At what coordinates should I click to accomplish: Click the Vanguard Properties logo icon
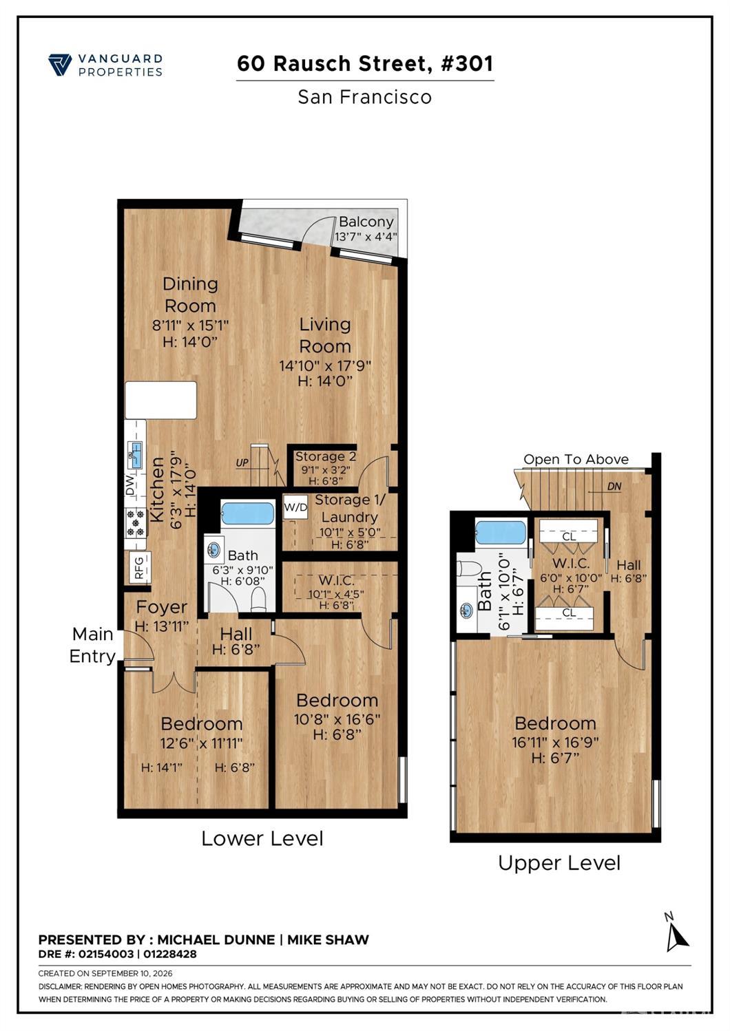pyautogui.click(x=60, y=65)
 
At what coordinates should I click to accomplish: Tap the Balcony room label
pyautogui.click(x=366, y=222)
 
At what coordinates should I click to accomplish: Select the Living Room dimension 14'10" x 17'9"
pyautogui.click(x=325, y=365)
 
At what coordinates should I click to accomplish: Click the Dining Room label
pyautogui.click(x=190, y=295)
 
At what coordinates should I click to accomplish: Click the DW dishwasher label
pyautogui.click(x=130, y=485)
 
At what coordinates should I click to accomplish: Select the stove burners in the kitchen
pyautogui.click(x=136, y=523)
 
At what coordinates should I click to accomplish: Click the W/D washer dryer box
pyautogui.click(x=295, y=507)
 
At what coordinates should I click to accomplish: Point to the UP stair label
pyautogui.click(x=242, y=463)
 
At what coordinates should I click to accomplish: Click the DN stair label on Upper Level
pyautogui.click(x=614, y=487)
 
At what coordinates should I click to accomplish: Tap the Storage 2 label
pyautogui.click(x=326, y=456)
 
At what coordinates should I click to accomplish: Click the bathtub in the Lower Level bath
pyautogui.click(x=248, y=513)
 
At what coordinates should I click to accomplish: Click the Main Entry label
pyautogui.click(x=92, y=645)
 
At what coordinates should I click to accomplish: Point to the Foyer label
pyautogui.click(x=161, y=607)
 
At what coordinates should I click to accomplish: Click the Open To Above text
pyautogui.click(x=576, y=459)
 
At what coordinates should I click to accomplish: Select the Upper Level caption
pyautogui.click(x=560, y=863)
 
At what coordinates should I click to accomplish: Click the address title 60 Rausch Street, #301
pyautogui.click(x=365, y=63)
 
